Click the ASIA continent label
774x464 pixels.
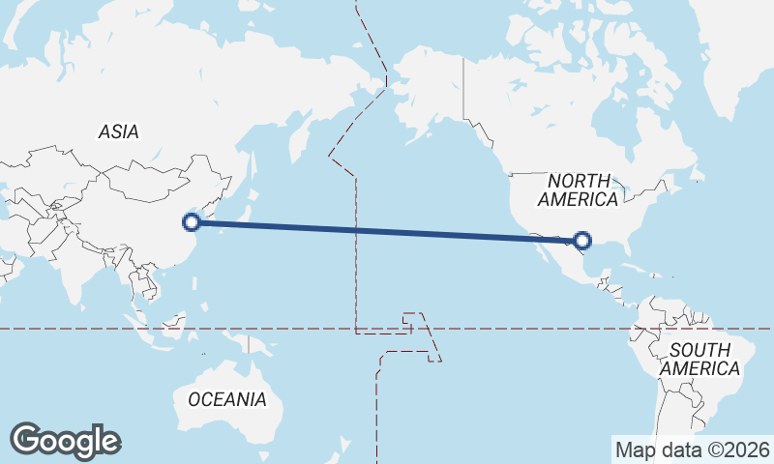coord(118,131)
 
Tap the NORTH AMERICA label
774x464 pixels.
coord(579,189)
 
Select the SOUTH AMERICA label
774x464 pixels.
coord(699,359)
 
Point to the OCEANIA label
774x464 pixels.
coord(226,398)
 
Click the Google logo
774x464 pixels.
coord(65,441)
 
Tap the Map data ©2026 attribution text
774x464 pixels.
coord(692,449)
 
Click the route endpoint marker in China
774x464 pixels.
coord(192,222)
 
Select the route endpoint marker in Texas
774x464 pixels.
coord(582,240)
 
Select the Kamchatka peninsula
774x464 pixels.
coord(291,130)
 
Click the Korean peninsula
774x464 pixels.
coord(222,204)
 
